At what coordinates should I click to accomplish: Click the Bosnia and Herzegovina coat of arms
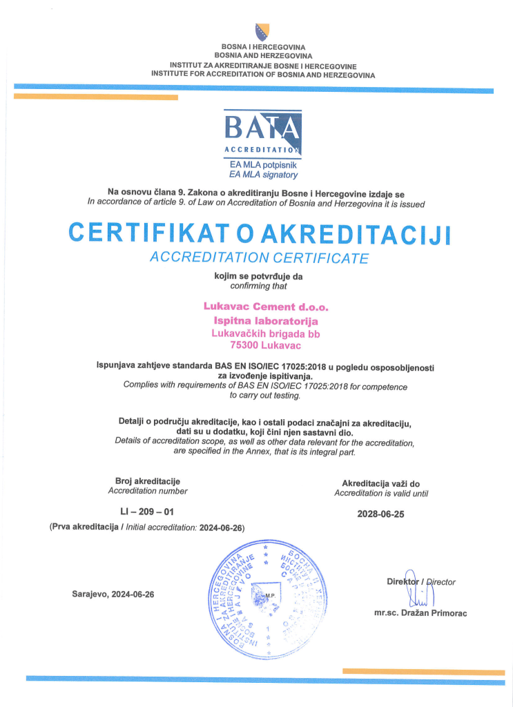click(x=262, y=32)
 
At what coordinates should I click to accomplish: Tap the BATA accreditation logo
click(x=262, y=132)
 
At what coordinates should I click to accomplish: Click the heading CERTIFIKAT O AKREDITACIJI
click(x=260, y=233)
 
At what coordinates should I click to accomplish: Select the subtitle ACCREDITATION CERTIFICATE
click(x=260, y=258)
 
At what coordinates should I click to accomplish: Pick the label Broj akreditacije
click(x=148, y=481)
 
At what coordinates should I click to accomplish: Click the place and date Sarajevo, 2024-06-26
click(x=113, y=594)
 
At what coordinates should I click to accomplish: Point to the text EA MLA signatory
click(x=263, y=175)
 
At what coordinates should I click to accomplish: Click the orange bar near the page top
click(x=96, y=97)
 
